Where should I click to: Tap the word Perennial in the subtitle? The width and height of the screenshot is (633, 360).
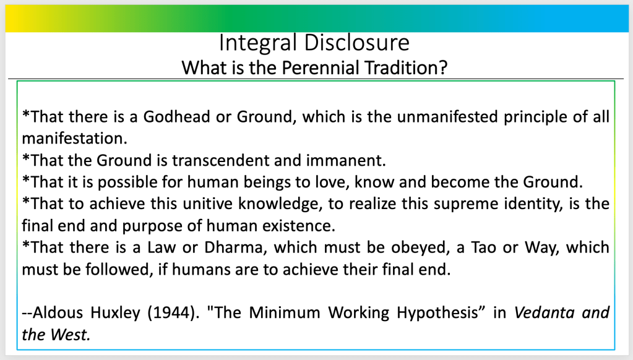[320, 68]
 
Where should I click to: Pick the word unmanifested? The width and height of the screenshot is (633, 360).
[448, 117]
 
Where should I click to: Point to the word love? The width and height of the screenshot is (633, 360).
[331, 182]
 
